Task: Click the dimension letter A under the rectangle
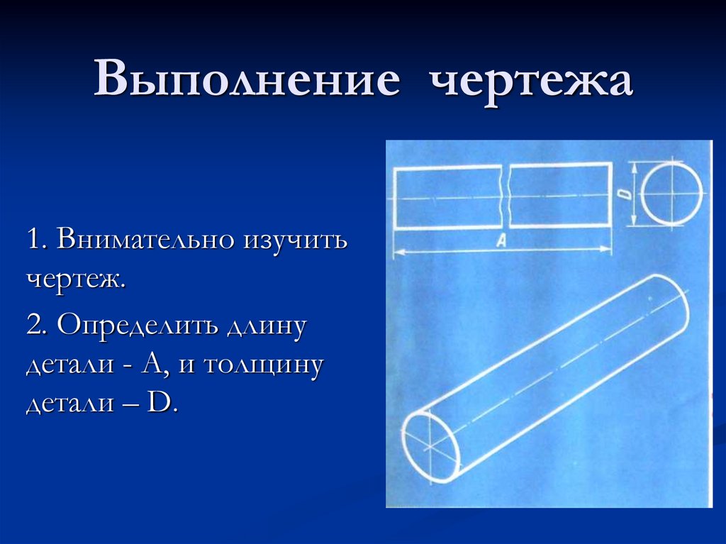click(501, 242)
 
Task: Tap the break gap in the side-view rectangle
click(505, 196)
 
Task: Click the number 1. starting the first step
click(38, 239)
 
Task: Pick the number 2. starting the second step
click(38, 327)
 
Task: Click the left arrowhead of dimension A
click(396, 250)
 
